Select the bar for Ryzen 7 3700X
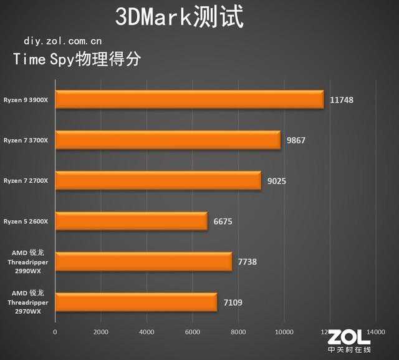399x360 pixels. (x=168, y=140)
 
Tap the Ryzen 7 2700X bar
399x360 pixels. (x=158, y=181)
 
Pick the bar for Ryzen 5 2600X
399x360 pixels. (x=132, y=221)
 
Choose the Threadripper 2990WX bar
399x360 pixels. (x=143, y=262)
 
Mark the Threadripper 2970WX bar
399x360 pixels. (x=137, y=303)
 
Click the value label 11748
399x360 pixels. (x=342, y=100)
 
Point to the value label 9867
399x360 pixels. (x=296, y=140)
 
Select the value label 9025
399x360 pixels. (x=277, y=181)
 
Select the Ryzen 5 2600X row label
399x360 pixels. (x=29, y=221)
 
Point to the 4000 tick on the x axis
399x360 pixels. (x=147, y=333)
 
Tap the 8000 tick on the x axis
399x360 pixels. (x=239, y=333)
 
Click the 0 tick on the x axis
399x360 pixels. (x=55, y=333)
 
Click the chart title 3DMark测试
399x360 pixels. (x=179, y=17)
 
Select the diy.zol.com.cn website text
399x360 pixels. (x=62, y=41)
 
